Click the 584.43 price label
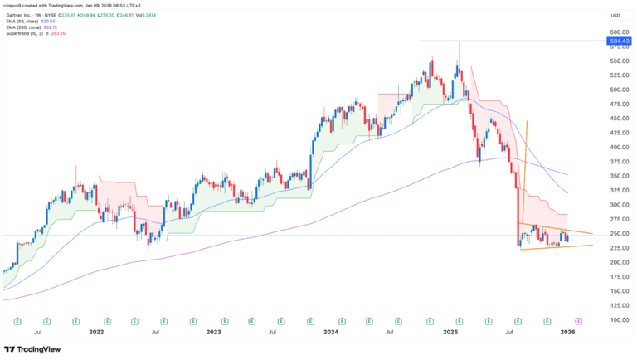(x=615, y=40)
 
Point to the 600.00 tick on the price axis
(x=615, y=32)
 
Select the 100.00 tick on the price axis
(x=615, y=319)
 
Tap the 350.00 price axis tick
(x=615, y=176)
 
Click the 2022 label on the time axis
(x=97, y=332)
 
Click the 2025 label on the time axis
(x=449, y=332)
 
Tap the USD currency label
(x=615, y=15)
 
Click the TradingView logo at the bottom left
(x=33, y=349)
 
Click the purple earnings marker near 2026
(x=577, y=320)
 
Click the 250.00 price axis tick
(x=615, y=233)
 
